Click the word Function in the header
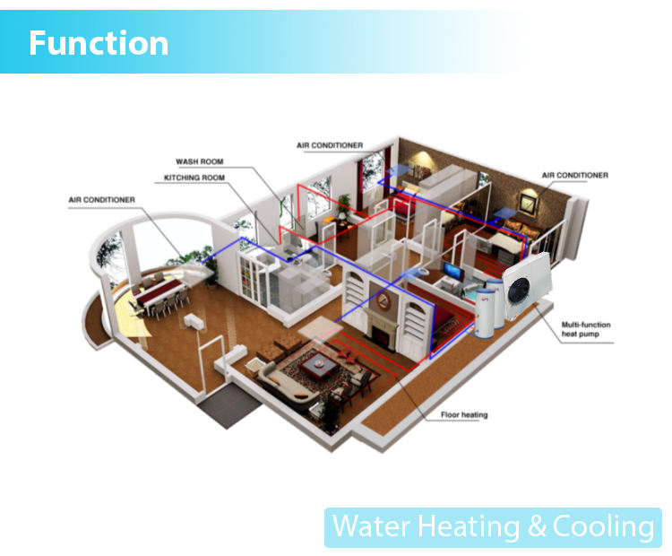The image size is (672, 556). point(99,43)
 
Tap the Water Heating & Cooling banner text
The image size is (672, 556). point(493,526)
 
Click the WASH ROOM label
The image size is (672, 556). point(199,161)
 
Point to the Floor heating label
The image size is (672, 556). point(463,415)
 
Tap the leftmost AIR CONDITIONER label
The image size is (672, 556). point(101,199)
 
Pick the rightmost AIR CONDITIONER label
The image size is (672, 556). point(574,175)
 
